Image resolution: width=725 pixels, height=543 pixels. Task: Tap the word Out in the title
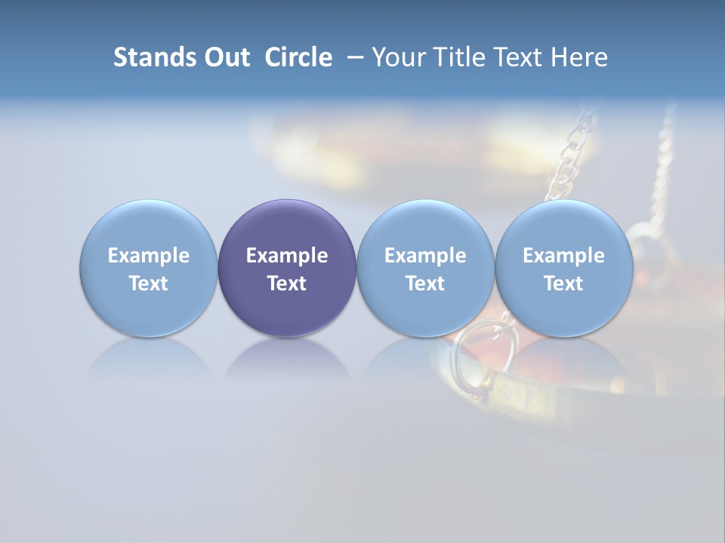click(225, 57)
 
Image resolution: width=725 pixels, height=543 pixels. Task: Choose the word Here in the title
click(578, 57)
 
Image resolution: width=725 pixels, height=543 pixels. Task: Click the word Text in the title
click(514, 57)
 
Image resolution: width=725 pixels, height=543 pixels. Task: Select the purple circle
click(287, 226)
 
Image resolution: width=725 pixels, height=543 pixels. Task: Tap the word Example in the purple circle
click(287, 256)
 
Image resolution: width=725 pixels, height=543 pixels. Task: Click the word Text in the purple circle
click(287, 284)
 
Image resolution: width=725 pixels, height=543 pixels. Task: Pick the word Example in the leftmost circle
click(149, 256)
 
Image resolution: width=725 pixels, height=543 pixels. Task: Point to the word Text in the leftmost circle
click(149, 284)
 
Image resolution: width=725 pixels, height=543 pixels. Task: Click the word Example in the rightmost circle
click(563, 256)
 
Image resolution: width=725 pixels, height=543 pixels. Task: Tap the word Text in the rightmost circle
click(563, 284)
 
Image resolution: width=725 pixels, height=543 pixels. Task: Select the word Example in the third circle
click(425, 256)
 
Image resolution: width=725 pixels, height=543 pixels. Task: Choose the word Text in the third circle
click(425, 284)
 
